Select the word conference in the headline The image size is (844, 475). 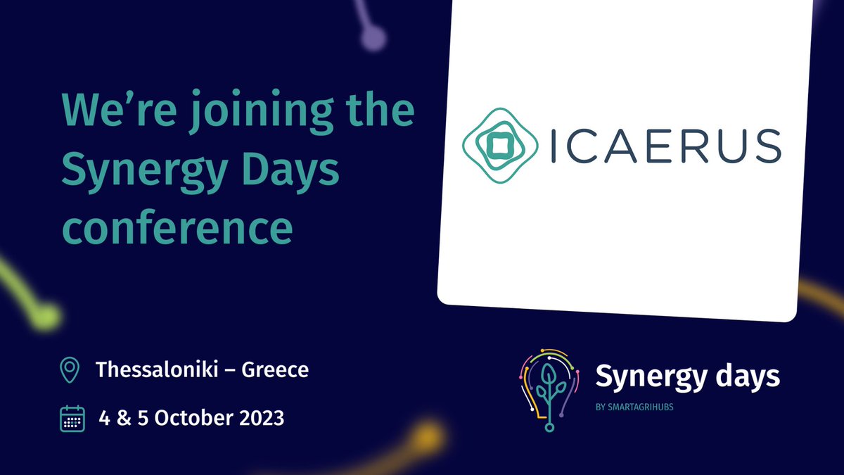(177, 226)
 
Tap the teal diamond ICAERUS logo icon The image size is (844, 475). (495, 145)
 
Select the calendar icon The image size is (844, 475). (72, 418)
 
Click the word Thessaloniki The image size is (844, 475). (157, 369)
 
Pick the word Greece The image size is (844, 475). (275, 369)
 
